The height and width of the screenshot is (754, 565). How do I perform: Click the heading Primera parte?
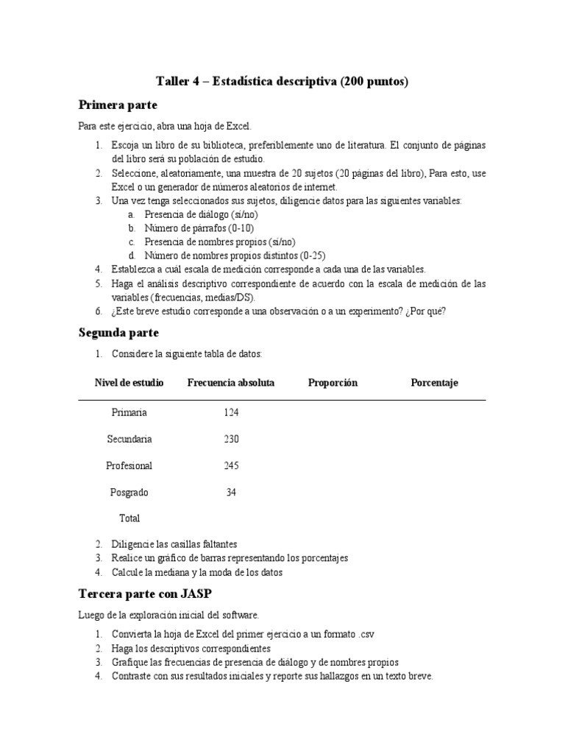pos(118,105)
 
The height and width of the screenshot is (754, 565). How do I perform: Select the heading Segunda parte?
pos(118,333)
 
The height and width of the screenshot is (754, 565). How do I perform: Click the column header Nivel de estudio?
pos(129,383)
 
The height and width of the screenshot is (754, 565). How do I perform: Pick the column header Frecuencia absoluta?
pos(231,383)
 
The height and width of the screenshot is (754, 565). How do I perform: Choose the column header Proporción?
pos(333,383)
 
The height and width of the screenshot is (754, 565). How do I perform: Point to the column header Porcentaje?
pos(434,383)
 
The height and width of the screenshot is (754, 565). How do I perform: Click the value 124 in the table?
pos(231,412)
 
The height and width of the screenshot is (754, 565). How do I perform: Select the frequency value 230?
pos(231,439)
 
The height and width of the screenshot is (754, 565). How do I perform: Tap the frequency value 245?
pos(231,465)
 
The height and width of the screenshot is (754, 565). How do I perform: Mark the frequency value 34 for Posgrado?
pos(231,492)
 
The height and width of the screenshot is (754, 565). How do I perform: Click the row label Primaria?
pos(129,412)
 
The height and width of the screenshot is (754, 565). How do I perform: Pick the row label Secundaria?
pos(129,439)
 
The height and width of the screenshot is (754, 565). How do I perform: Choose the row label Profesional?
pos(129,465)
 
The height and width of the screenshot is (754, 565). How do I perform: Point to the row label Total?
pos(129,518)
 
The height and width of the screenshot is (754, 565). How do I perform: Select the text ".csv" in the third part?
pos(372,635)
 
